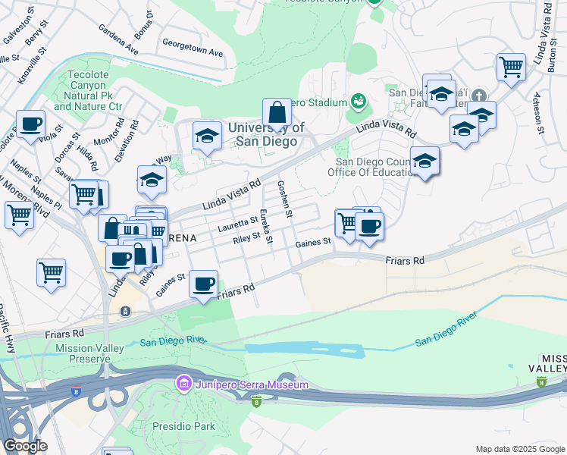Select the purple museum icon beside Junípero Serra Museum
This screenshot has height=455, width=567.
coord(183,384)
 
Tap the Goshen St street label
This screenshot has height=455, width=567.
coord(286,199)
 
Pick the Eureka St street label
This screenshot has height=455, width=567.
coord(266,227)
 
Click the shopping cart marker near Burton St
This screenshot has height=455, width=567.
coord(512,67)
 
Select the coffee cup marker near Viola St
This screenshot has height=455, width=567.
coord(31,124)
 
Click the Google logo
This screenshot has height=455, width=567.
coord(25,446)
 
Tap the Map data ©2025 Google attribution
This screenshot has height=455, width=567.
coord(519,449)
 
